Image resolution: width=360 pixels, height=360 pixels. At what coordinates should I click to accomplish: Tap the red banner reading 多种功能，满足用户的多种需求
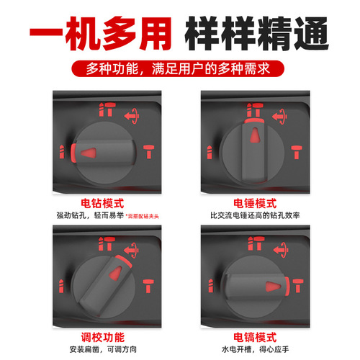pos(180,71)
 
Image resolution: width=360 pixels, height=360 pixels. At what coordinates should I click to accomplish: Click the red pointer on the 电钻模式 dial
pos(89,153)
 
